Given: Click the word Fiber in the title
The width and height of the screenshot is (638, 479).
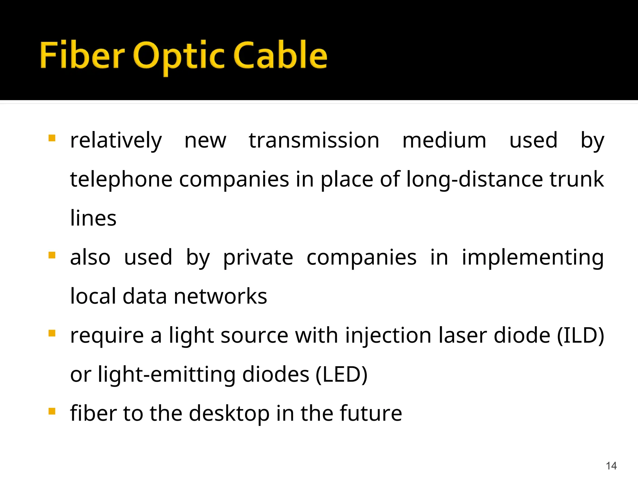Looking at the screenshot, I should click(x=82, y=55).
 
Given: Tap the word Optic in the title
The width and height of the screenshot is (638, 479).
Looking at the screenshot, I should click(x=179, y=56).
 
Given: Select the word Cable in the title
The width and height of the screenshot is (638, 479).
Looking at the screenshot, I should click(x=280, y=55).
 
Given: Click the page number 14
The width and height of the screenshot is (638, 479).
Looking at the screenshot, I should click(x=611, y=466).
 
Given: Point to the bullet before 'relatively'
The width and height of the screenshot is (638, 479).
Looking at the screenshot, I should click(x=52, y=138).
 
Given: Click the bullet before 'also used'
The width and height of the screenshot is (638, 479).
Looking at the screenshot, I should click(x=52, y=255).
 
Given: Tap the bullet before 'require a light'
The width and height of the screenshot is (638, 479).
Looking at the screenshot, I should click(x=52, y=333).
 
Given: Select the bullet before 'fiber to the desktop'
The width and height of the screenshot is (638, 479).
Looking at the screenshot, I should click(x=52, y=411).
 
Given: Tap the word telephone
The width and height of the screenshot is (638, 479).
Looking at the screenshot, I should click(x=121, y=180).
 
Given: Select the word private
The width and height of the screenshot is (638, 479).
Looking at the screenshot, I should click(x=258, y=258).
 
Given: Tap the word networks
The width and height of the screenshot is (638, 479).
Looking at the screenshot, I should click(x=220, y=296).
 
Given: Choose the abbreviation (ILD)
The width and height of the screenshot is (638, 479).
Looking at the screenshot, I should click(x=580, y=336).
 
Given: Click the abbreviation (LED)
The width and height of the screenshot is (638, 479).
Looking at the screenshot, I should click(x=341, y=375).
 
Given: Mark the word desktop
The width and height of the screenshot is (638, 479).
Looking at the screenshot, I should click(x=229, y=414).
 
